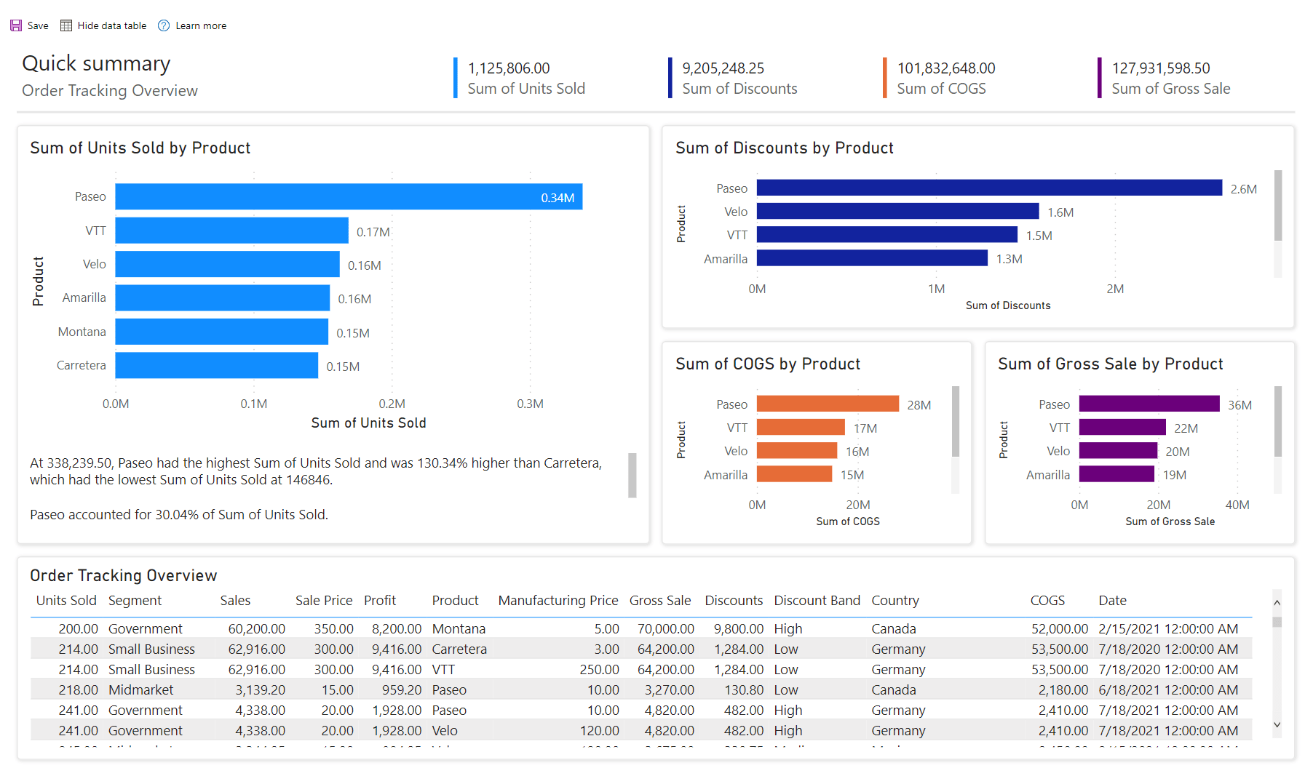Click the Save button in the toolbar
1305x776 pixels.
[29, 25]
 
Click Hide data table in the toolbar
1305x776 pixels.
[103, 25]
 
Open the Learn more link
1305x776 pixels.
[193, 25]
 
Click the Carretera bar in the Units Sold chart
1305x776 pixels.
[216, 365]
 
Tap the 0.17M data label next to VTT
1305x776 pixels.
[373, 232]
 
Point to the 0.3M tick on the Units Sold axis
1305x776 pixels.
[530, 404]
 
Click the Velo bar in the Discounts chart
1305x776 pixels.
[897, 212]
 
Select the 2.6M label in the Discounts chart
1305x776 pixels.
[1243, 189]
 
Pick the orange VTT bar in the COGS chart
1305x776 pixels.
[800, 428]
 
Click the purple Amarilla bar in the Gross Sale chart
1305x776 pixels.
[1116, 474]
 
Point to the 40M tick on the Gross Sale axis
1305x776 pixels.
[1237, 505]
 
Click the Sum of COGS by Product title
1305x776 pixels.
[767, 364]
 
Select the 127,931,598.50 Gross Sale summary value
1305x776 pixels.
[1160, 68]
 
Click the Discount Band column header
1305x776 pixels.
[817, 600]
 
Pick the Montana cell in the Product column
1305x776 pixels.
[458, 628]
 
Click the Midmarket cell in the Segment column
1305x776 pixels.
[140, 689]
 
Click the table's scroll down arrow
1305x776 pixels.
[1277, 724]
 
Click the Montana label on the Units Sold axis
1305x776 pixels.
[82, 332]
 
